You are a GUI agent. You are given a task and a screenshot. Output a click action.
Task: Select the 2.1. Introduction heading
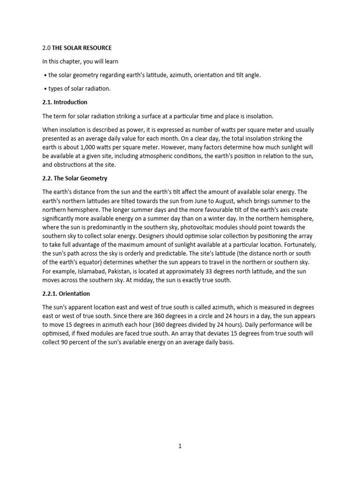click(x=65, y=102)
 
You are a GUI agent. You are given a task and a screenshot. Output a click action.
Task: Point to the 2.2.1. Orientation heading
click(x=66, y=293)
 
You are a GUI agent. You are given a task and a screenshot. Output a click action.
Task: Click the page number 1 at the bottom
click(x=180, y=446)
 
